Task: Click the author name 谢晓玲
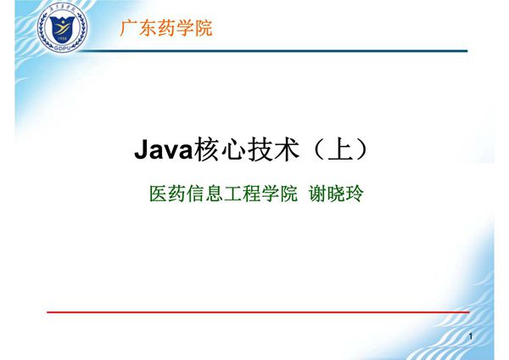334,194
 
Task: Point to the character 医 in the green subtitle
158,194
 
